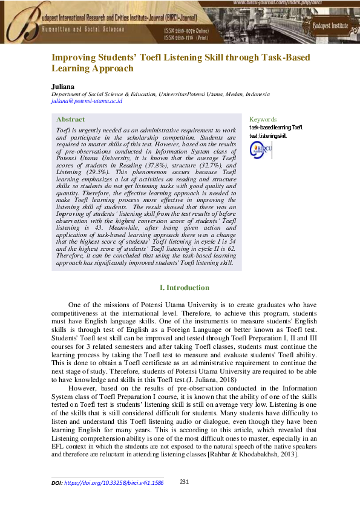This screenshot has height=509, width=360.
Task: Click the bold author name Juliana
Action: pos(61,86)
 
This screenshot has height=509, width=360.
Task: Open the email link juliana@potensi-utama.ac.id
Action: pos(87,102)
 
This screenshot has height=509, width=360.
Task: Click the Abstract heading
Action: pos(70,120)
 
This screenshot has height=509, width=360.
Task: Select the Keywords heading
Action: pos(263,120)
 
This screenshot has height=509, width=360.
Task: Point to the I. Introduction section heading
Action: pos(183,288)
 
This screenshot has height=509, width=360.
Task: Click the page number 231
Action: pos(186,482)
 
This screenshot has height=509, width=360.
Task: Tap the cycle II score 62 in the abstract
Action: pos(232,248)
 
